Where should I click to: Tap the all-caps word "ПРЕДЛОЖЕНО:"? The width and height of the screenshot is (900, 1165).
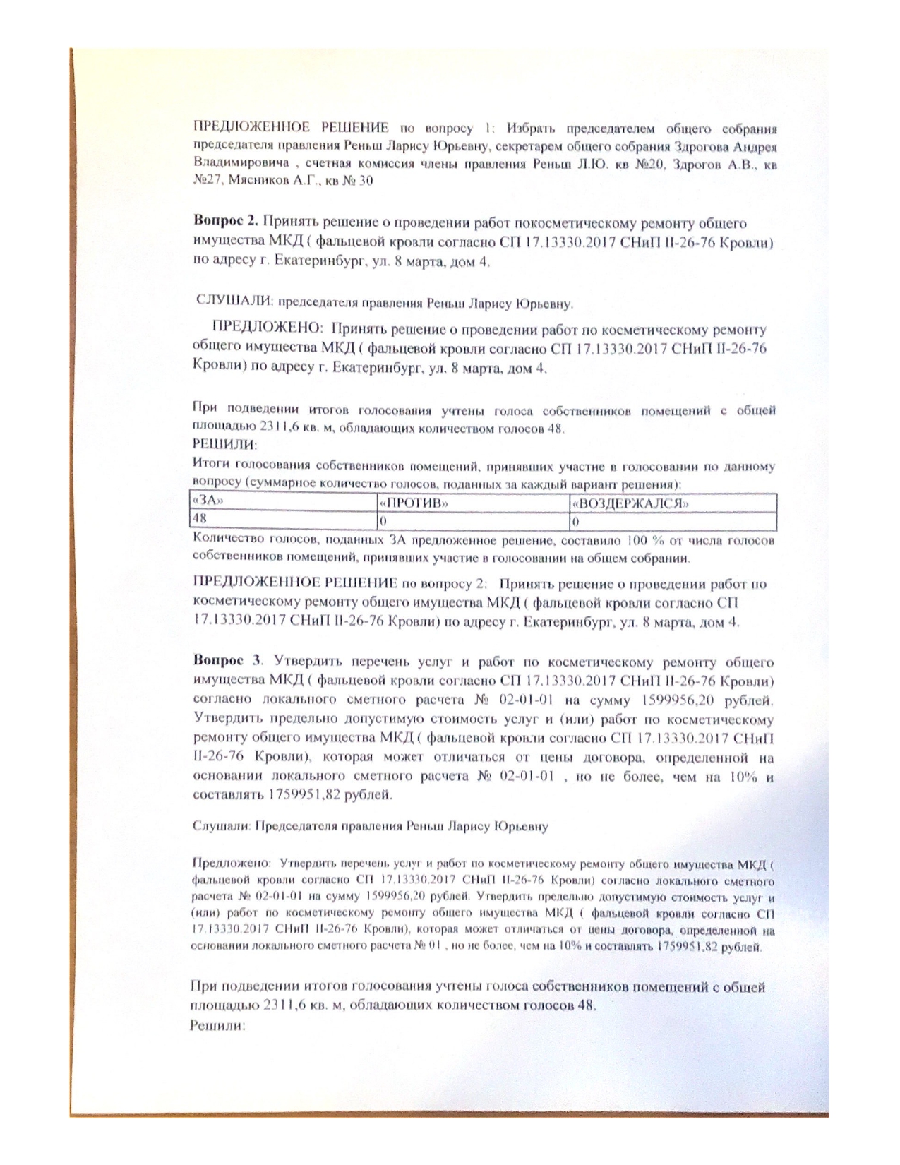[x=267, y=329]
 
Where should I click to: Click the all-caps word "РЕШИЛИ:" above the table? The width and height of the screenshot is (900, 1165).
[x=224, y=446]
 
